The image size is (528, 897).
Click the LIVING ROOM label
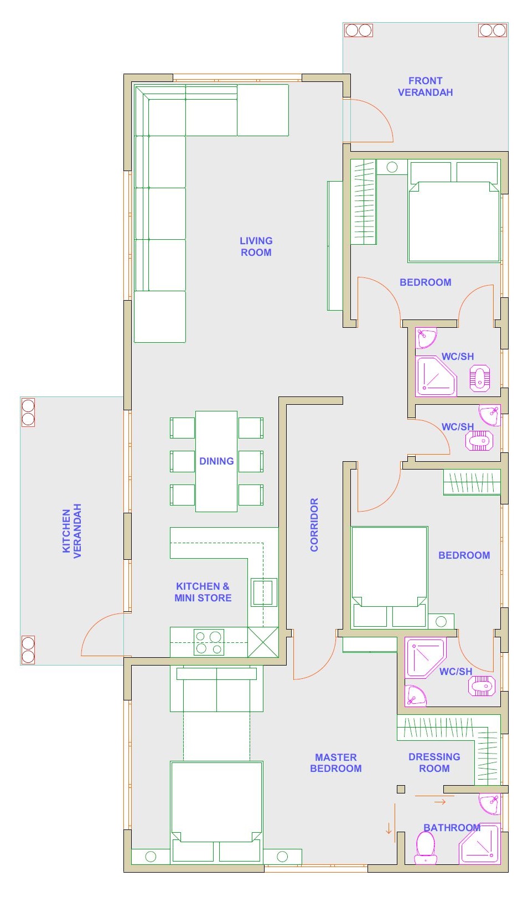pos(256,246)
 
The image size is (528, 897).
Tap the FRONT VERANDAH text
pos(425,86)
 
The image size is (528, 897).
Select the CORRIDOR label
pos(314,524)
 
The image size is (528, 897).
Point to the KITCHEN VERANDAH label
pos(72,530)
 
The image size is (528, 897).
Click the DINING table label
pos(216,461)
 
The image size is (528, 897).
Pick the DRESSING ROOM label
pos(434,762)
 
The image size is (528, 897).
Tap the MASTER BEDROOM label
pos(335,763)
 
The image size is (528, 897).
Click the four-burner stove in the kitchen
pos(209,642)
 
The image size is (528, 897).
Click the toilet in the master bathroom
pos(425,848)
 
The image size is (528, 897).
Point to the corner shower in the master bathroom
pos(480,844)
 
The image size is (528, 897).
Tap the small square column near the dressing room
pos(401,789)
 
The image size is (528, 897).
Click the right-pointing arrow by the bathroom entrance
pos(440,802)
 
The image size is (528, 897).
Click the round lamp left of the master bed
pos(151,857)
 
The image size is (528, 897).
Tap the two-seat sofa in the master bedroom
pos(216,689)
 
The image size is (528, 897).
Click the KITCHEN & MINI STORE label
pos(203,592)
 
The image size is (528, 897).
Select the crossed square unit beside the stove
pos(263,642)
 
